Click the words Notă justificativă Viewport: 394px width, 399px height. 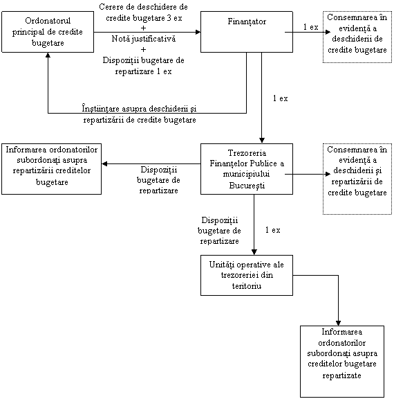tap(144, 39)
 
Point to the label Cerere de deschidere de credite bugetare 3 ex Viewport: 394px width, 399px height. tap(144, 12)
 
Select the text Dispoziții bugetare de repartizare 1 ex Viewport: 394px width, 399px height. tap(144, 66)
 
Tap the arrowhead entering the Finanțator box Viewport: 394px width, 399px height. tap(198, 32)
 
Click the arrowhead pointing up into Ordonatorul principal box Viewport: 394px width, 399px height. tap(48, 55)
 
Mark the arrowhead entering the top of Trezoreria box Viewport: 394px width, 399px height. tap(262, 141)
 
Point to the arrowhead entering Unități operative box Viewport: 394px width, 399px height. tap(254, 252)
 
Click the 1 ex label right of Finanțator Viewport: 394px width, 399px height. tap(311, 27)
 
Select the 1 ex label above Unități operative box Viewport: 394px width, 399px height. tap(272, 230)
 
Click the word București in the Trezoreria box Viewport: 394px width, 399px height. tap(247, 186)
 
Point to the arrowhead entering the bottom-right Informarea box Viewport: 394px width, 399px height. tap(338, 323)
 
